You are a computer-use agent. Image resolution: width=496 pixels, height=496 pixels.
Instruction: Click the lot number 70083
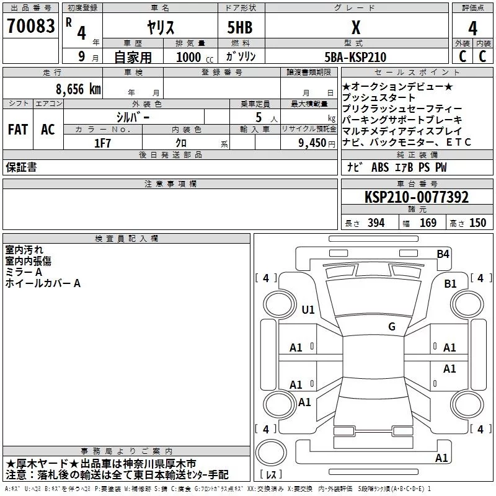[30, 25]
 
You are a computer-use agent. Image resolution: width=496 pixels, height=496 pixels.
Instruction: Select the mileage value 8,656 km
[78, 89]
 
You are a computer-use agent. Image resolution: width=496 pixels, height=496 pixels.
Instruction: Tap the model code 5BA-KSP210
[355, 57]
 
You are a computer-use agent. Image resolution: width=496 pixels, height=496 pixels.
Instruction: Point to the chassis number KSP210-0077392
[417, 197]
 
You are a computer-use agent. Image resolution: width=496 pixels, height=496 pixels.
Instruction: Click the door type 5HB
[240, 27]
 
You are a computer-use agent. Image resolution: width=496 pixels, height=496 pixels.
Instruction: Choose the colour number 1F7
[102, 143]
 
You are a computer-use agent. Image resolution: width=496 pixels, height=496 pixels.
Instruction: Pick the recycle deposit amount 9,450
[312, 143]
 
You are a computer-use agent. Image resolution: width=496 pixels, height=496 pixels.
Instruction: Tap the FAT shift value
[18, 130]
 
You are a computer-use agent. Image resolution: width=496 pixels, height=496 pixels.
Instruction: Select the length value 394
[376, 223]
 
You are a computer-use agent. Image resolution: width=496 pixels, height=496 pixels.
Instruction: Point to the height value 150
[477, 223]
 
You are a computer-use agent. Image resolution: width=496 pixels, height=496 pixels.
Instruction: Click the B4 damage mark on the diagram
[443, 254]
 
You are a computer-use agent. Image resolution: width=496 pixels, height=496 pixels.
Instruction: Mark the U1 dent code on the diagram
[308, 309]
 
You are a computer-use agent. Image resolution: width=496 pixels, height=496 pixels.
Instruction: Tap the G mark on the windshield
[392, 326]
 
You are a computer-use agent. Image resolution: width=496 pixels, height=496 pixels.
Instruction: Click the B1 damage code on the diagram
[450, 284]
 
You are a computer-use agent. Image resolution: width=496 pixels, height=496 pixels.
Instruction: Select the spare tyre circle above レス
[271, 453]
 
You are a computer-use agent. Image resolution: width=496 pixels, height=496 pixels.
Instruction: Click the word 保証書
[21, 167]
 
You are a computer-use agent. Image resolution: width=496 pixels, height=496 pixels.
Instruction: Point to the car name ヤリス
[161, 27]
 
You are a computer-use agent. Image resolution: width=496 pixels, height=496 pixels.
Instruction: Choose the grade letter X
[356, 27]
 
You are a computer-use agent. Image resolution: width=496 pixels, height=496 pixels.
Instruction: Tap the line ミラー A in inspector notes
[24, 272]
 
